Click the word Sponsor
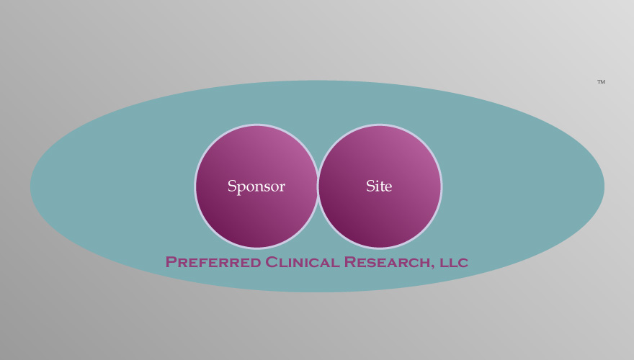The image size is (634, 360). [256, 186]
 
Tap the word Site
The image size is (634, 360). [379, 186]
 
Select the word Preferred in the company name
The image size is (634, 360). [213, 262]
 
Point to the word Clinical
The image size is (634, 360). [302, 262]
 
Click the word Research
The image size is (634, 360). [387, 262]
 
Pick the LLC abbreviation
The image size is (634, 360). [454, 262]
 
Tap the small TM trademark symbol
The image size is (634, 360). [602, 81]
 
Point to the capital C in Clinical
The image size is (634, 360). [272, 262]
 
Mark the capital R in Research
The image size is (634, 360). [350, 262]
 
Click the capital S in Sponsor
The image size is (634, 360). [232, 186]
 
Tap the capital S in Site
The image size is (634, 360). [370, 186]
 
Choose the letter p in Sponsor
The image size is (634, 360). [241, 189]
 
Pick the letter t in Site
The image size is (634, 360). [382, 186]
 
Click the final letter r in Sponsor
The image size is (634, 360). [282, 188]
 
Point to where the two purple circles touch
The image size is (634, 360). [318, 186]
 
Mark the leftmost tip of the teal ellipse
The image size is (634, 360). [30, 186]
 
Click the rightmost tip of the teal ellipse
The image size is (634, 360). [604, 186]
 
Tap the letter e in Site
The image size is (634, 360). [388, 188]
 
